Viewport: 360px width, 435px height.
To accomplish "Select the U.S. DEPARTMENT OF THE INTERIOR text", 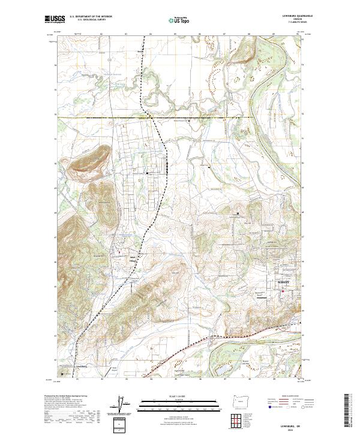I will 91,16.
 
